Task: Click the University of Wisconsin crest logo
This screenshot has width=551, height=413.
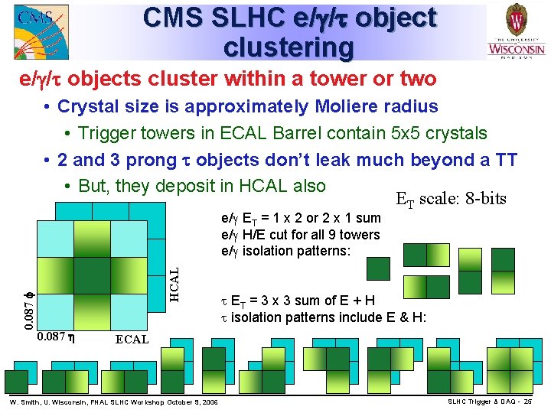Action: tap(517, 31)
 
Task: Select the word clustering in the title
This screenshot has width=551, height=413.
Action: tap(289, 47)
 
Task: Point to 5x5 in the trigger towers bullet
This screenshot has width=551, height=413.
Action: tap(391, 133)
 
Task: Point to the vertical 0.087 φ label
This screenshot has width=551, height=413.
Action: tap(28, 304)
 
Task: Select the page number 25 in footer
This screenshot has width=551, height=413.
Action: tap(537, 402)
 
